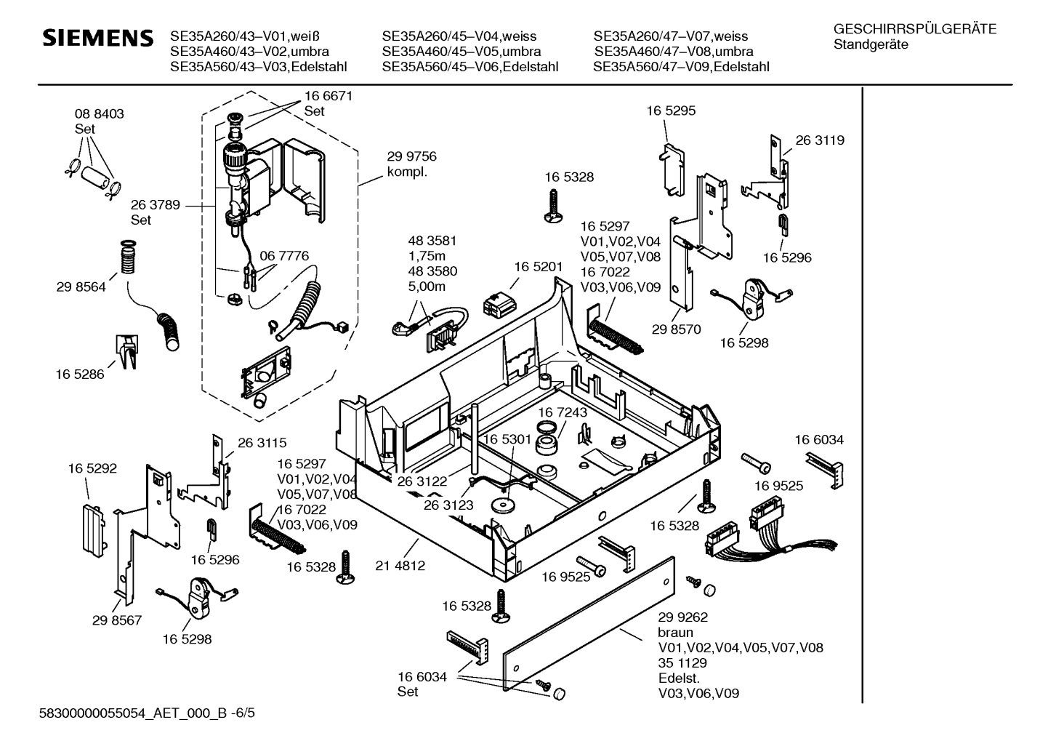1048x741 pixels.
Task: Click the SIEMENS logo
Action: [98, 38]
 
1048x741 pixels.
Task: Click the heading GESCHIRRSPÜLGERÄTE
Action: [914, 30]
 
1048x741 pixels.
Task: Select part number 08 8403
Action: [99, 114]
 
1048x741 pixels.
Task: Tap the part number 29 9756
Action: [411, 157]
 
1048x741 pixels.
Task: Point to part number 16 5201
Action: [539, 267]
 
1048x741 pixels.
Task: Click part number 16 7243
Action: [563, 412]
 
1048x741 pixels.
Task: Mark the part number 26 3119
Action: [820, 140]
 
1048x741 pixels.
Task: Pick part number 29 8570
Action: [676, 329]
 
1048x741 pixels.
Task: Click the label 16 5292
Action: [92, 469]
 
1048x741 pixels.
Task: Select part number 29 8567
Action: [117, 620]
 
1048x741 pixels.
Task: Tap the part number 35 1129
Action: [682, 663]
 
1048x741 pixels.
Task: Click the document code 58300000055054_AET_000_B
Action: [131, 715]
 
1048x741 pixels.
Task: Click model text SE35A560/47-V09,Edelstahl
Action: [681, 67]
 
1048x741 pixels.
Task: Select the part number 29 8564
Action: [81, 287]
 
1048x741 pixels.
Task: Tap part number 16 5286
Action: [79, 374]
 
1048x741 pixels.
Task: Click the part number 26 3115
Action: [262, 442]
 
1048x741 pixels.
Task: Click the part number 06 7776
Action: [284, 256]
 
